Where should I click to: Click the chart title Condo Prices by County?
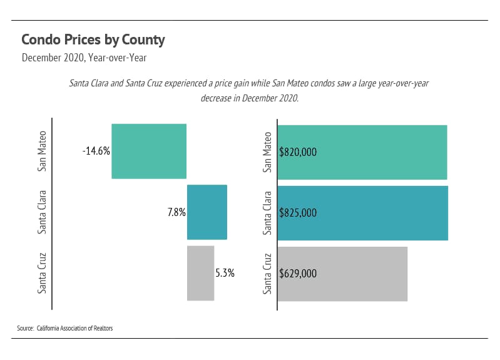(93, 40)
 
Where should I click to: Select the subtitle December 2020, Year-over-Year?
(84, 58)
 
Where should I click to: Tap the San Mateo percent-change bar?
(149, 151)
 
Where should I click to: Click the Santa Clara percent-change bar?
(207, 212)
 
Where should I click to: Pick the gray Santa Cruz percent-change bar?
(200, 272)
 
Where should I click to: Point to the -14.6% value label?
(96, 151)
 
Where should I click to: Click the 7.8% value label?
(176, 212)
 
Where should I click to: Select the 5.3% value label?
(225, 273)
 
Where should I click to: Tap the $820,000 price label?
(298, 152)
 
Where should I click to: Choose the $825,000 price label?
(298, 213)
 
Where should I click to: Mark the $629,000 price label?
(298, 274)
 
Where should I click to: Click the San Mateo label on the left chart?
(43, 151)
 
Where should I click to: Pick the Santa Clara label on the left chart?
(43, 212)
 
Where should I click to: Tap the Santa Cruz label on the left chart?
(43, 272)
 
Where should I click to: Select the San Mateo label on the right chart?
(268, 152)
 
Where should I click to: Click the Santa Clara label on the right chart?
(268, 213)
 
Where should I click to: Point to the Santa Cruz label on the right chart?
(268, 274)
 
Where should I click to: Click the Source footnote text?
(65, 328)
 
